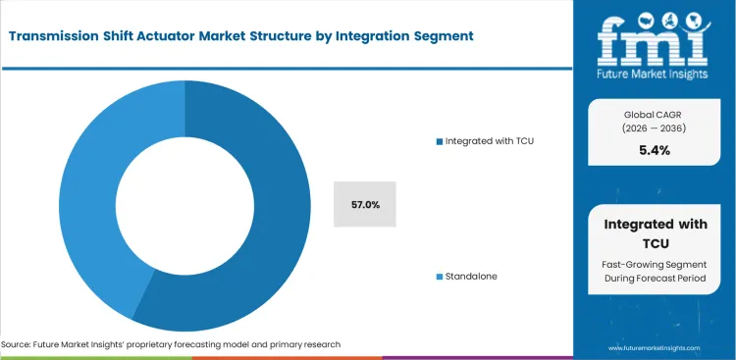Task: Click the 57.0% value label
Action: click(x=365, y=204)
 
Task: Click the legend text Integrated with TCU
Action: click(x=491, y=141)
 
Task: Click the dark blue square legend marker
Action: click(x=440, y=141)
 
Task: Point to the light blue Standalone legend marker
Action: click(x=440, y=277)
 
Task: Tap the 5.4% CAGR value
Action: click(x=655, y=151)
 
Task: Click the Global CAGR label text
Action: click(x=655, y=114)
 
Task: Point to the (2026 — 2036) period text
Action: click(x=655, y=129)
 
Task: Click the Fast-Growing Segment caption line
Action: click(x=655, y=264)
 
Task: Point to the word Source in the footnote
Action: click(x=21, y=344)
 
